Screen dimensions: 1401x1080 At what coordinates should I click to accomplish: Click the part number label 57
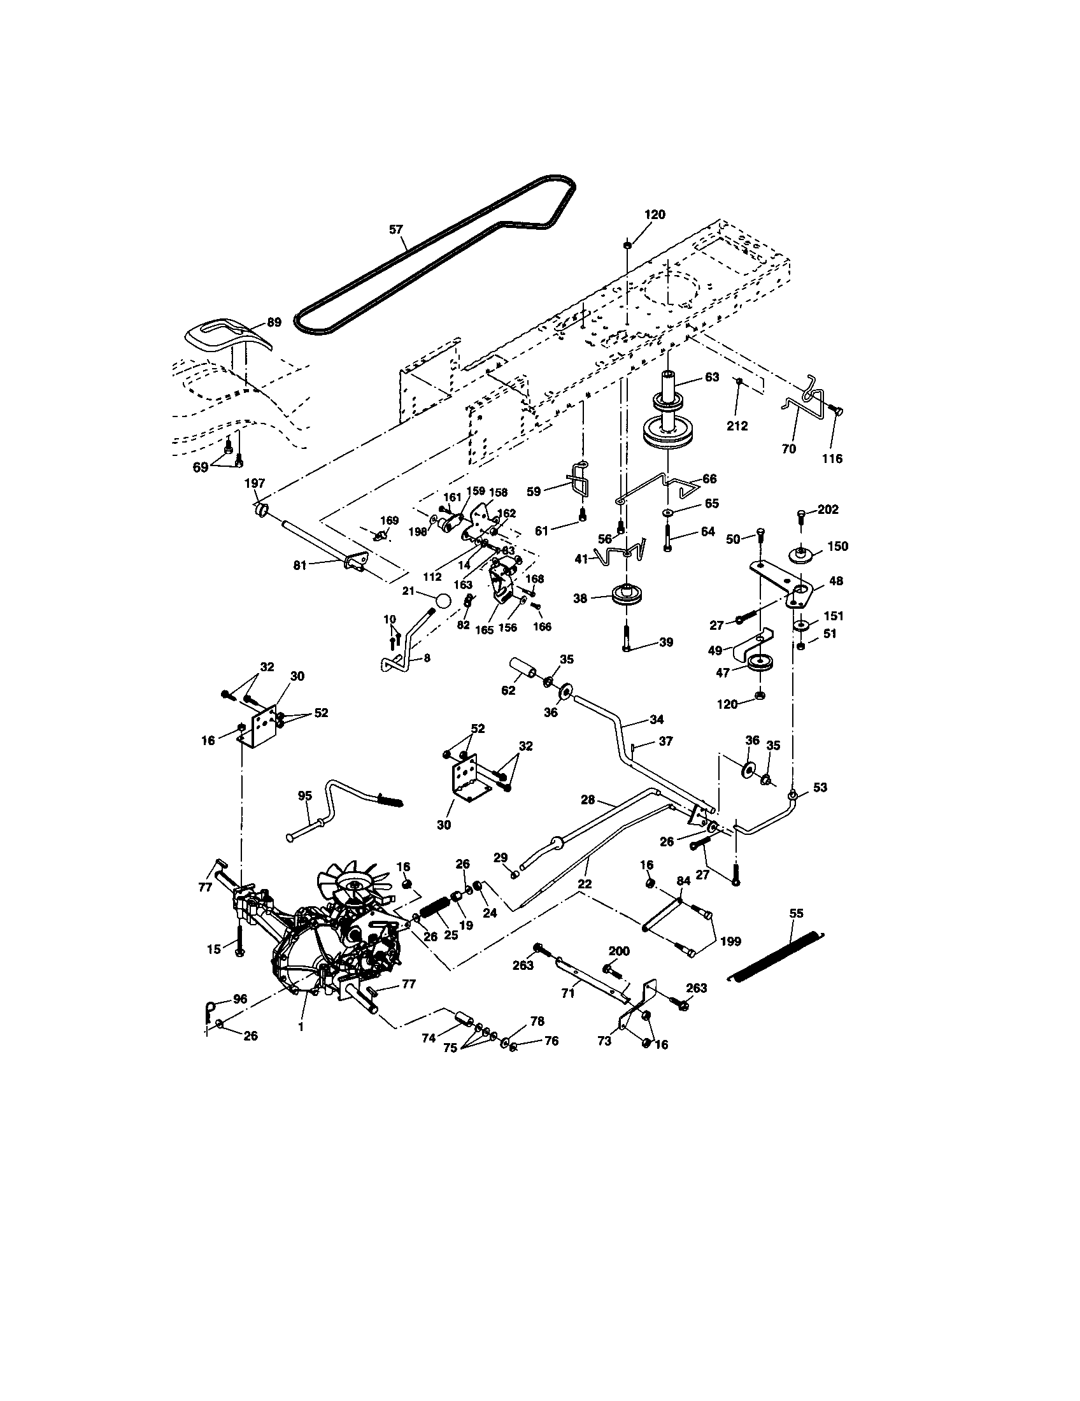click(396, 229)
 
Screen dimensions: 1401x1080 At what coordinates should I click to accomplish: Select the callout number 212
click(737, 426)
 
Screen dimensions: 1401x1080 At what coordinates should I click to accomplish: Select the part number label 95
click(305, 796)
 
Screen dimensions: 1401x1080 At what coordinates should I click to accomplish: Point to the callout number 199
click(730, 941)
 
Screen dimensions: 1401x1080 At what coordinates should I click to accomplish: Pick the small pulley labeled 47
click(759, 664)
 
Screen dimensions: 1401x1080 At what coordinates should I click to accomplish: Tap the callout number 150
click(837, 546)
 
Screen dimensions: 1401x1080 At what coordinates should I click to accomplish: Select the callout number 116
click(832, 459)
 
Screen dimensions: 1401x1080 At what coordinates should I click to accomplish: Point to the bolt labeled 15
click(239, 944)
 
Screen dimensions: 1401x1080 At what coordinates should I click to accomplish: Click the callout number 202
click(828, 509)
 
